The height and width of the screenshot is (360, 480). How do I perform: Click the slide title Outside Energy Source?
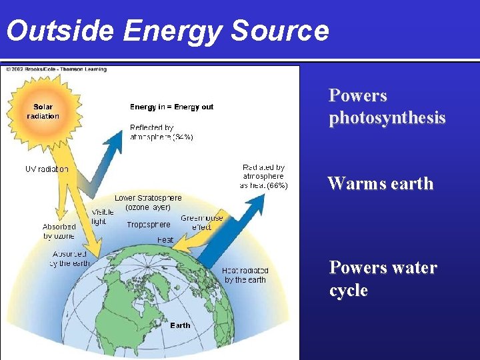click(x=167, y=31)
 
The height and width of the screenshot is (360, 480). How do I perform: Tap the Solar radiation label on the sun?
click(x=43, y=111)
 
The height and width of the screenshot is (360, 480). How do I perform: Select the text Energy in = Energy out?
click(x=171, y=107)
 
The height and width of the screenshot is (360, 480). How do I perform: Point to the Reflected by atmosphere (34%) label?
click(x=161, y=132)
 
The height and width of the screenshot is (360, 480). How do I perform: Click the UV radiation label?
click(x=47, y=169)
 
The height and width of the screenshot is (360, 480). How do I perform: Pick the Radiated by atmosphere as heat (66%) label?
click(x=263, y=176)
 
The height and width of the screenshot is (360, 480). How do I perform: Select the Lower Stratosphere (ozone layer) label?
click(x=147, y=203)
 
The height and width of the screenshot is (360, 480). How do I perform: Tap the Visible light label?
click(x=99, y=217)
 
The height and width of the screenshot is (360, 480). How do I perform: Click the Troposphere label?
click(x=148, y=225)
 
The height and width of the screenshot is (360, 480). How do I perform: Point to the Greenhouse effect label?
click(x=201, y=223)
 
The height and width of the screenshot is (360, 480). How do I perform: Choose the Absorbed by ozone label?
click(x=59, y=231)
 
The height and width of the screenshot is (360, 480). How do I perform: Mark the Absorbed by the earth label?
click(x=70, y=259)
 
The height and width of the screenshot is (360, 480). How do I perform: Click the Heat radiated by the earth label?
click(x=245, y=275)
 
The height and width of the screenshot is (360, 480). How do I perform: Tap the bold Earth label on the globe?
click(x=180, y=325)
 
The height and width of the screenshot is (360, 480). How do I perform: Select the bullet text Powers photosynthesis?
click(x=387, y=107)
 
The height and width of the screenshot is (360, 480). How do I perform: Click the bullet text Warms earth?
click(x=380, y=183)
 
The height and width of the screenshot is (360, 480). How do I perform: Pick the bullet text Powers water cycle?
click(x=383, y=279)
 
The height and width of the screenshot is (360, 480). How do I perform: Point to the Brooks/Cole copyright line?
click(x=55, y=69)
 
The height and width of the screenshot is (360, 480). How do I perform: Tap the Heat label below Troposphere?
click(x=165, y=240)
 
